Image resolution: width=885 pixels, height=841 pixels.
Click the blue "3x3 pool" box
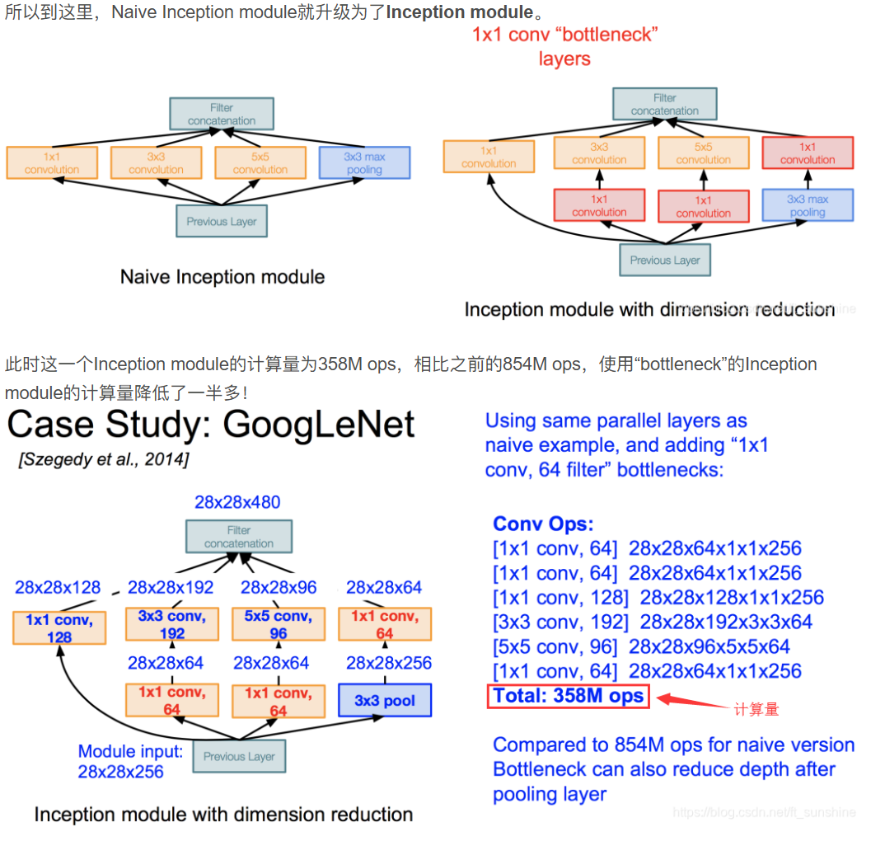coord(385,701)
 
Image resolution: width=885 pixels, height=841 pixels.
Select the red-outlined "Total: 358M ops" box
coord(568,696)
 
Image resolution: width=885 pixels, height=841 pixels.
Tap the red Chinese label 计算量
coord(756,709)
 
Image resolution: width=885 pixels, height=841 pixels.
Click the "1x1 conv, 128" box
coord(59,627)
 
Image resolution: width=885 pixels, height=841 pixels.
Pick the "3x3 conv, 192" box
coord(172,624)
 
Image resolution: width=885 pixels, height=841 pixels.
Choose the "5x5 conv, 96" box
coord(278,624)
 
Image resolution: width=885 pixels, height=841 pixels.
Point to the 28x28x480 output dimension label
coord(237,502)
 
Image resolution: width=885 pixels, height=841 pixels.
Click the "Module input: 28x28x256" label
coord(130,761)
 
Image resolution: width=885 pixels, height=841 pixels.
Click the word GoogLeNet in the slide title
coord(319,425)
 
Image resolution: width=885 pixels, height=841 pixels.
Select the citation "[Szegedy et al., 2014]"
coord(103,459)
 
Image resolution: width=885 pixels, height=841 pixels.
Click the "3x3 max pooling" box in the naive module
coord(364,162)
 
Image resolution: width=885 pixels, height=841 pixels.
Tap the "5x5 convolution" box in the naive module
coord(260,162)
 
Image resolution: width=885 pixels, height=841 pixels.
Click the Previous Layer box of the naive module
coord(221,221)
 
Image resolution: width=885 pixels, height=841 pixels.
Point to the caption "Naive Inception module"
coord(222,277)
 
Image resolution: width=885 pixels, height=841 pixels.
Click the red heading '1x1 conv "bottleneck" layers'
coord(564,46)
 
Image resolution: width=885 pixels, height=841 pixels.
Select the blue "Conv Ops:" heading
coord(543,524)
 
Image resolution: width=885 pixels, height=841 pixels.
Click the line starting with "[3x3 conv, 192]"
coord(653,622)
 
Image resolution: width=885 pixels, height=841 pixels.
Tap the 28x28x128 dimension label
coord(58,588)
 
